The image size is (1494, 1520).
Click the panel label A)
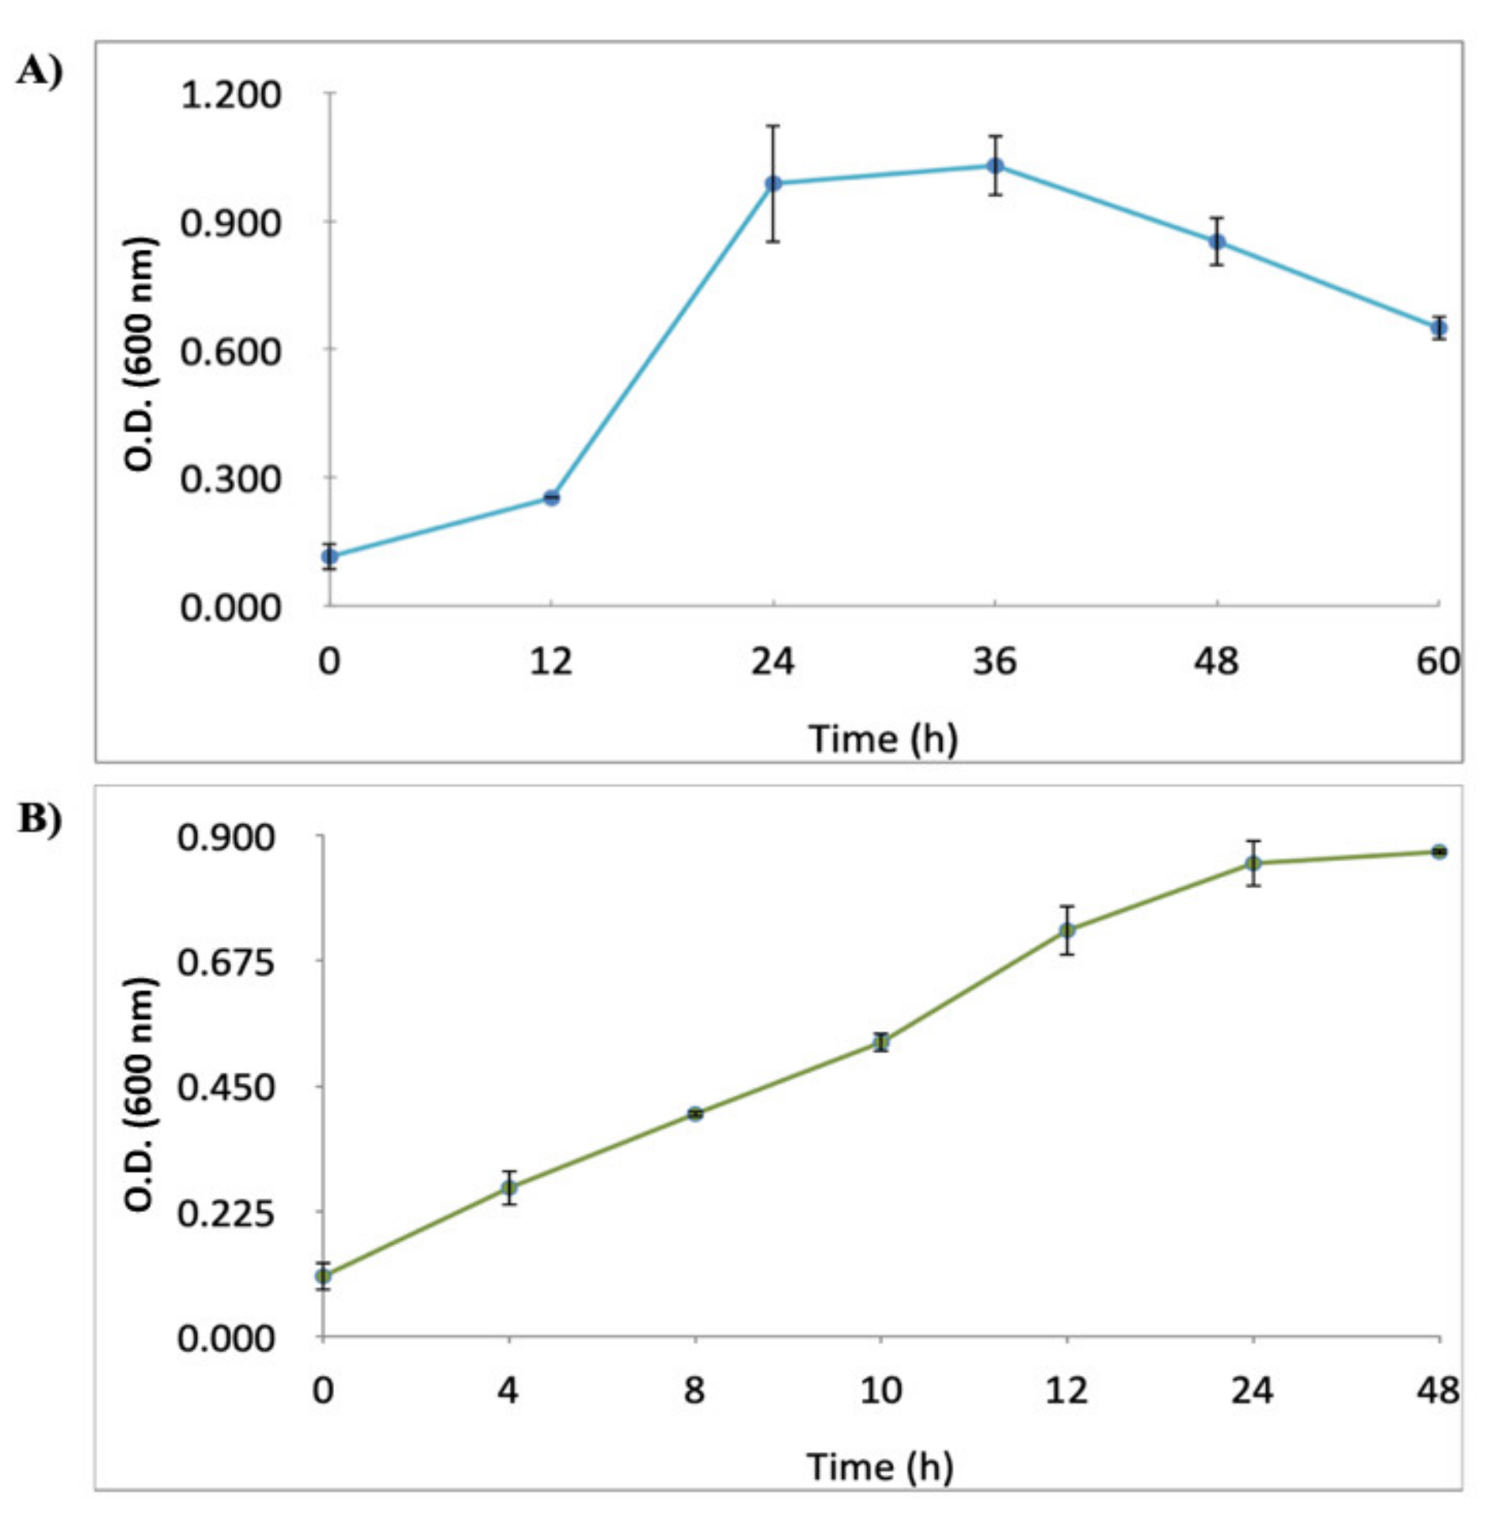[40, 72]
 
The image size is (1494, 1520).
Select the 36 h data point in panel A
[995, 165]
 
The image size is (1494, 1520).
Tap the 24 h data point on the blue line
[774, 184]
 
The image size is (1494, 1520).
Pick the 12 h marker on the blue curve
[552, 497]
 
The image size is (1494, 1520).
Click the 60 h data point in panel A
[1439, 327]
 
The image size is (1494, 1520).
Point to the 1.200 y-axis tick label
[230, 95]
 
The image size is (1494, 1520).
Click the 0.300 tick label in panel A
[230, 479]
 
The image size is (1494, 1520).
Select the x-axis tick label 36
[994, 660]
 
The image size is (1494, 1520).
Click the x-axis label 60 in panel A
[1438, 660]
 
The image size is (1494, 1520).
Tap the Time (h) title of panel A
[883, 739]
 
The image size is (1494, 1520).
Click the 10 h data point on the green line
[881, 1042]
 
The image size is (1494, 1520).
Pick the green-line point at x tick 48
[1439, 852]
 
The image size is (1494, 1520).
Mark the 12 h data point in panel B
[1067, 929]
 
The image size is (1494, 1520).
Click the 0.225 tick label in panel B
[226, 1213]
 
